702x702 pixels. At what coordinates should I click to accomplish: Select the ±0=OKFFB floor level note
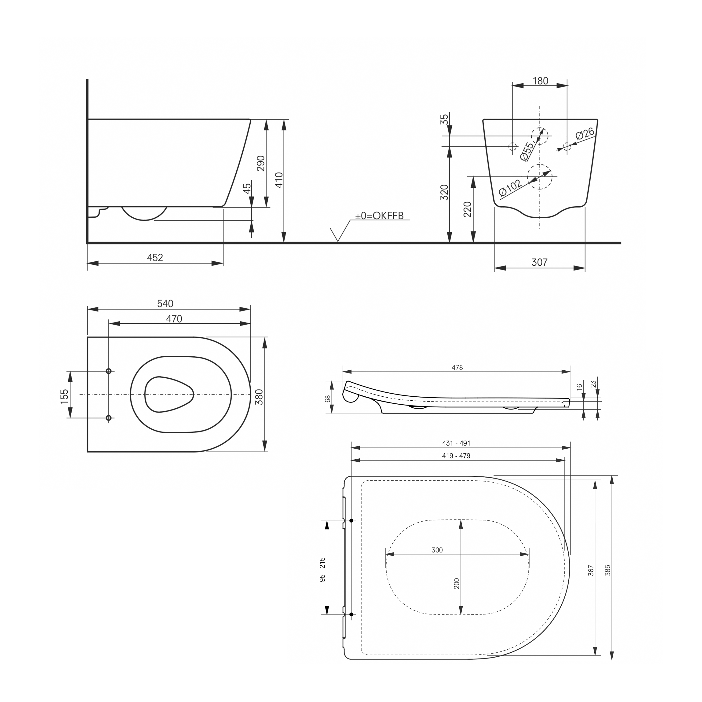pyautogui.click(x=379, y=216)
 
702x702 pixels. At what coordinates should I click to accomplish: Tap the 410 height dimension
pyautogui.click(x=279, y=180)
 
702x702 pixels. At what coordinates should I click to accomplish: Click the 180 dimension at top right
pyautogui.click(x=540, y=81)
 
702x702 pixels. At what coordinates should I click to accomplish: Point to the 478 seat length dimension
pyautogui.click(x=457, y=367)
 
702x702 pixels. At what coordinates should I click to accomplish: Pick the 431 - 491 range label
pyautogui.click(x=456, y=443)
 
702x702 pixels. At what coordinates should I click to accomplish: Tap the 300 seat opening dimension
pyautogui.click(x=437, y=550)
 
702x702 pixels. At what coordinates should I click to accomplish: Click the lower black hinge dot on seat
pyautogui.click(x=351, y=614)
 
